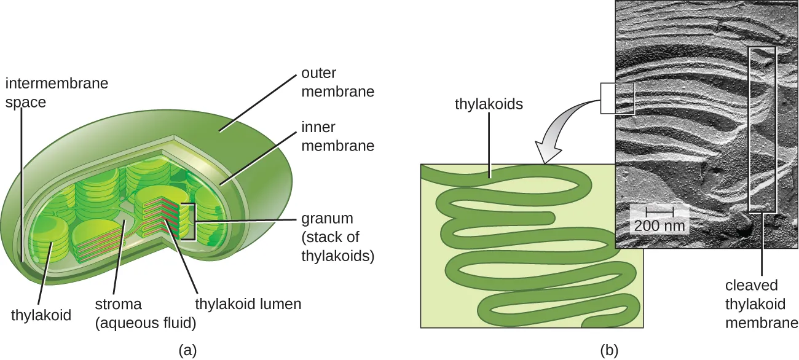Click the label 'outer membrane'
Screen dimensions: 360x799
pos(337,82)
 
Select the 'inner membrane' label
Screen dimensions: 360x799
pos(337,137)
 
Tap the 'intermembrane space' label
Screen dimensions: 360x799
pos(57,92)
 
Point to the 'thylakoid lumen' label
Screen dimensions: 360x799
pos(248,303)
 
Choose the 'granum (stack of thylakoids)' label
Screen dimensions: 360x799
pos(337,237)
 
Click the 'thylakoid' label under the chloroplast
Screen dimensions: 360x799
pos(41,316)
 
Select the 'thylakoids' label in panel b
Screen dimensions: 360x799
pos(489,104)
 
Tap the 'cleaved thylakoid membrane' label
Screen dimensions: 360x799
pos(761,303)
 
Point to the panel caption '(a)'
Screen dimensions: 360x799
pos(187,350)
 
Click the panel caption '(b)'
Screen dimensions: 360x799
pos(608,350)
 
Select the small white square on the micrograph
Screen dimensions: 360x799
pos(616,98)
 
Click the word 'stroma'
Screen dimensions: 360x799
pos(118,303)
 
